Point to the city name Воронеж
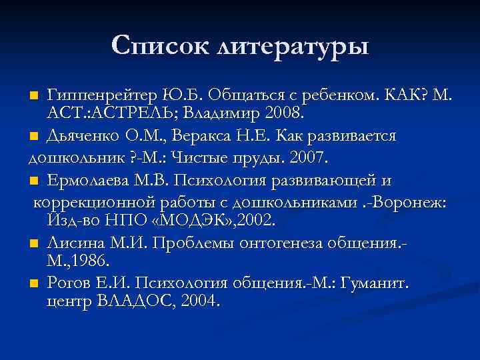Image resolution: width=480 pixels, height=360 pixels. point(408,203)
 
